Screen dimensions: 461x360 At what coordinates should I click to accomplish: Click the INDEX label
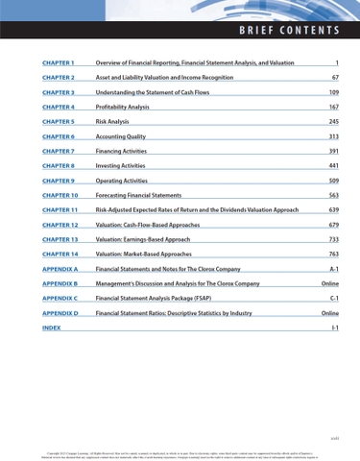tap(52, 328)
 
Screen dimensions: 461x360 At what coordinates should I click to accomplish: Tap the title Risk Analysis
tap(112, 122)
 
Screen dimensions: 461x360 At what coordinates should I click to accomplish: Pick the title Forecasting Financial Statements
tap(145, 195)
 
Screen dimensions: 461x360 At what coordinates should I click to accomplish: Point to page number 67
tap(334, 78)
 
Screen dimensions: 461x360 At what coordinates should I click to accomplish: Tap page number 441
tap(333, 166)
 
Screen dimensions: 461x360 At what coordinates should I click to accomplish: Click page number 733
tap(333, 239)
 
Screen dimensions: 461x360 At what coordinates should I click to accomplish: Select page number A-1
tap(333, 269)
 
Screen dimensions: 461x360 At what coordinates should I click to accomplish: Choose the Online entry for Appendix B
tap(329, 284)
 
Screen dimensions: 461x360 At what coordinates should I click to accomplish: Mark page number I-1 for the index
tap(334, 328)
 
